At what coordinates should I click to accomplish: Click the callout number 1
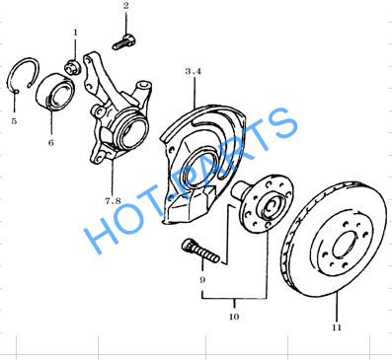[x=75, y=33]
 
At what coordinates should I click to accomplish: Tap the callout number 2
[x=126, y=6]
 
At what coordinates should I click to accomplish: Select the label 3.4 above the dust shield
[x=193, y=71]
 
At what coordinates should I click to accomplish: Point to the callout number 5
[x=14, y=121]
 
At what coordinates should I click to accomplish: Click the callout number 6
[x=51, y=142]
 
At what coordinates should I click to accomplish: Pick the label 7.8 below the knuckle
[x=113, y=200]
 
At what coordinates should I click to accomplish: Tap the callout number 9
[x=202, y=280]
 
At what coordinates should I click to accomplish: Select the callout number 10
[x=234, y=317]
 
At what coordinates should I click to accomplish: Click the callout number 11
[x=337, y=327]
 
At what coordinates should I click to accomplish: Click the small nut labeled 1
[x=73, y=66]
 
